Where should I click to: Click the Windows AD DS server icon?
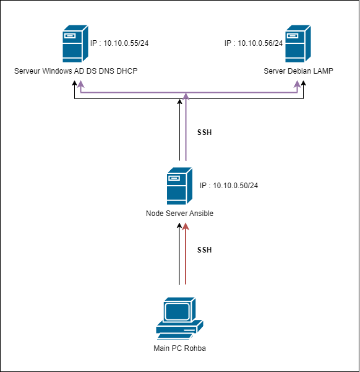coord(75,44)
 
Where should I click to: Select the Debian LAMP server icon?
coord(298,44)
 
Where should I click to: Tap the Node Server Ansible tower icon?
coord(179,186)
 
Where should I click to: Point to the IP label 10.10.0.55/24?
coord(119,43)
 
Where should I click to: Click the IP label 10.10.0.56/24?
coord(254,43)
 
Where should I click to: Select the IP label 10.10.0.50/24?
coord(229,186)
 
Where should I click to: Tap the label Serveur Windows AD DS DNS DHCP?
coord(76,71)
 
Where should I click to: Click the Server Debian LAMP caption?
coord(298,71)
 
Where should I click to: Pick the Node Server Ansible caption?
coord(179,214)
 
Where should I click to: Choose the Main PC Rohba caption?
coord(179,348)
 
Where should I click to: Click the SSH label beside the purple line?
coord(204,132)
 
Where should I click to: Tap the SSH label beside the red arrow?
coord(204,250)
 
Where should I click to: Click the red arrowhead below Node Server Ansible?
coord(186,227)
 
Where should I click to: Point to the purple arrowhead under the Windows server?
coord(81,84)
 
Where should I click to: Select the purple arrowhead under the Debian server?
coord(297,84)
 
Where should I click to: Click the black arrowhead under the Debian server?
coord(303,83)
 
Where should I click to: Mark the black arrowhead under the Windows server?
coord(75,83)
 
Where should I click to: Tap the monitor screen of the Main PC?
coord(177,311)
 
